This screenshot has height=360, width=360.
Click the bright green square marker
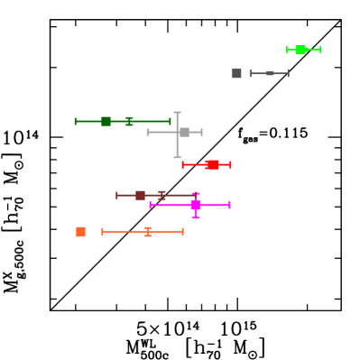pos(300,50)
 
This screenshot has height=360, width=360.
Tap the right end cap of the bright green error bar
pos(320,50)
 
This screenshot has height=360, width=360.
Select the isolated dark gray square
pos(236,74)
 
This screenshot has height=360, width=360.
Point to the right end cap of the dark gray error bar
pos(288,74)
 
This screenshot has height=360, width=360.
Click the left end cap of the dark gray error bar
pos(251,74)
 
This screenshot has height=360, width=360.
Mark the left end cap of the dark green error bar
pos(76,121)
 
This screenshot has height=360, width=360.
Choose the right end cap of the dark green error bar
pos(170,121)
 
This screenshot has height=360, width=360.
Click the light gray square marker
pos(184,133)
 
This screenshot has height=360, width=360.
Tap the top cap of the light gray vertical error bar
pos(177,113)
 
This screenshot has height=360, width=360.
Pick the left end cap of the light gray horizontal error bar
pos(148,133)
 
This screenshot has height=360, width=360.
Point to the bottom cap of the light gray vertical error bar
pos(177,157)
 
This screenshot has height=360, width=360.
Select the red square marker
pos(213,164)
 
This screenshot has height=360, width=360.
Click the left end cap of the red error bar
pos(183,164)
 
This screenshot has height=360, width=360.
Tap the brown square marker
pos(140,195)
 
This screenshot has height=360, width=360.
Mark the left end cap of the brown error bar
pos(117,195)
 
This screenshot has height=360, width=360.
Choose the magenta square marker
pos(196,205)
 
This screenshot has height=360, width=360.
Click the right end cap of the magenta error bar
pos(229,205)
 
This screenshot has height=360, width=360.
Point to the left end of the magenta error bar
pos(151,205)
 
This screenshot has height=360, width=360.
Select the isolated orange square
pos(81,232)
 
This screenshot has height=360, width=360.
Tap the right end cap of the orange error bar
pos(182,232)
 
